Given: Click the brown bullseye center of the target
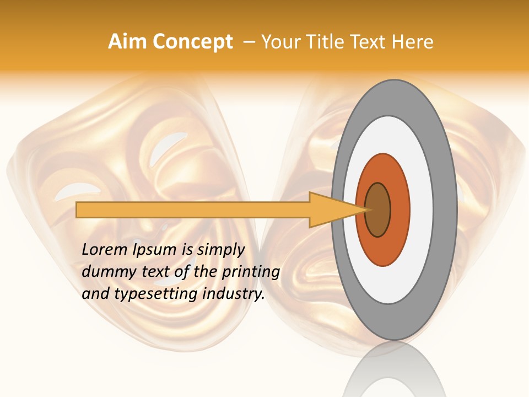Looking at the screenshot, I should point(378,210).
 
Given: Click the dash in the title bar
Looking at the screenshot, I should point(249,42).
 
